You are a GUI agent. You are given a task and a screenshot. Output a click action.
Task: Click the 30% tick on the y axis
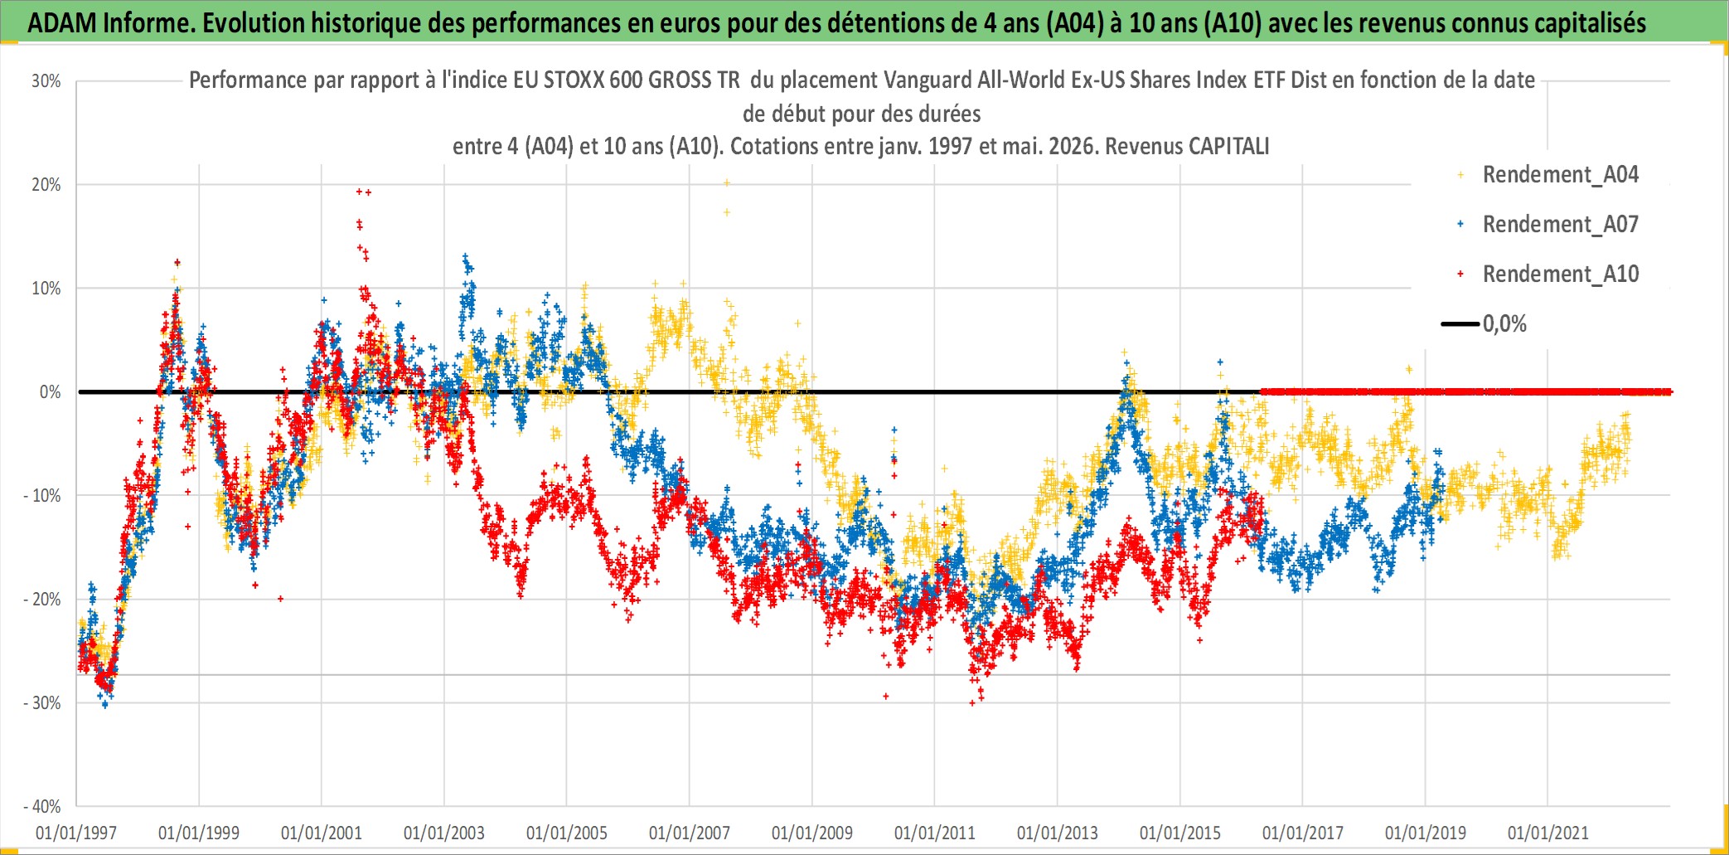[x=46, y=81]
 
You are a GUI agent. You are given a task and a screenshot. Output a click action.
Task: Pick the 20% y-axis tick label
[x=46, y=185]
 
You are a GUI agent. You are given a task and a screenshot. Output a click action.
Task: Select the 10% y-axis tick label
[x=46, y=289]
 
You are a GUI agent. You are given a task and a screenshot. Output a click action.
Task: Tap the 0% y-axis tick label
[x=51, y=392]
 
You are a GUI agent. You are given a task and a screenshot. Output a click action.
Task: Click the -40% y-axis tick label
[x=41, y=807]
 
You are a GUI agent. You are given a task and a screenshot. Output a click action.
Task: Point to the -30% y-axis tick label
[x=41, y=703]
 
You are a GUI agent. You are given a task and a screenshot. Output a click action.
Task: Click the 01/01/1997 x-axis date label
[x=76, y=833]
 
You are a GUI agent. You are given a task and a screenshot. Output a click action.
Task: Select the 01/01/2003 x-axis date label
[x=444, y=833]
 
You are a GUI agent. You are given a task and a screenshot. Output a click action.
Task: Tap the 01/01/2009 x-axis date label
[x=812, y=833]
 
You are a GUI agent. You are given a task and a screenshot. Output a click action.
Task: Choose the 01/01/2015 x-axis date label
[x=1180, y=833]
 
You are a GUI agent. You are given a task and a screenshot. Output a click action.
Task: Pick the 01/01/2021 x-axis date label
[x=1548, y=833]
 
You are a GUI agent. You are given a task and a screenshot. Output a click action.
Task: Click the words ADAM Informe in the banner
[x=109, y=22]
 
